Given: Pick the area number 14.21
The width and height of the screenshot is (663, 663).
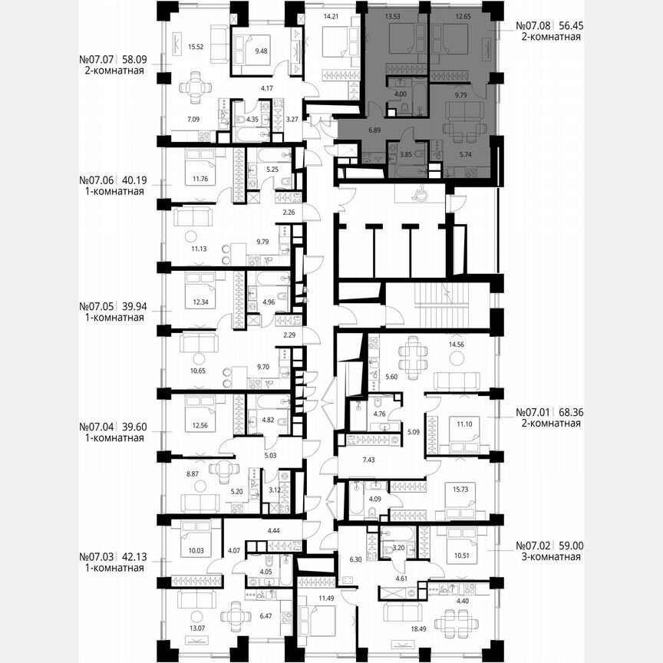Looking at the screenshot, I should coord(331,15).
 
